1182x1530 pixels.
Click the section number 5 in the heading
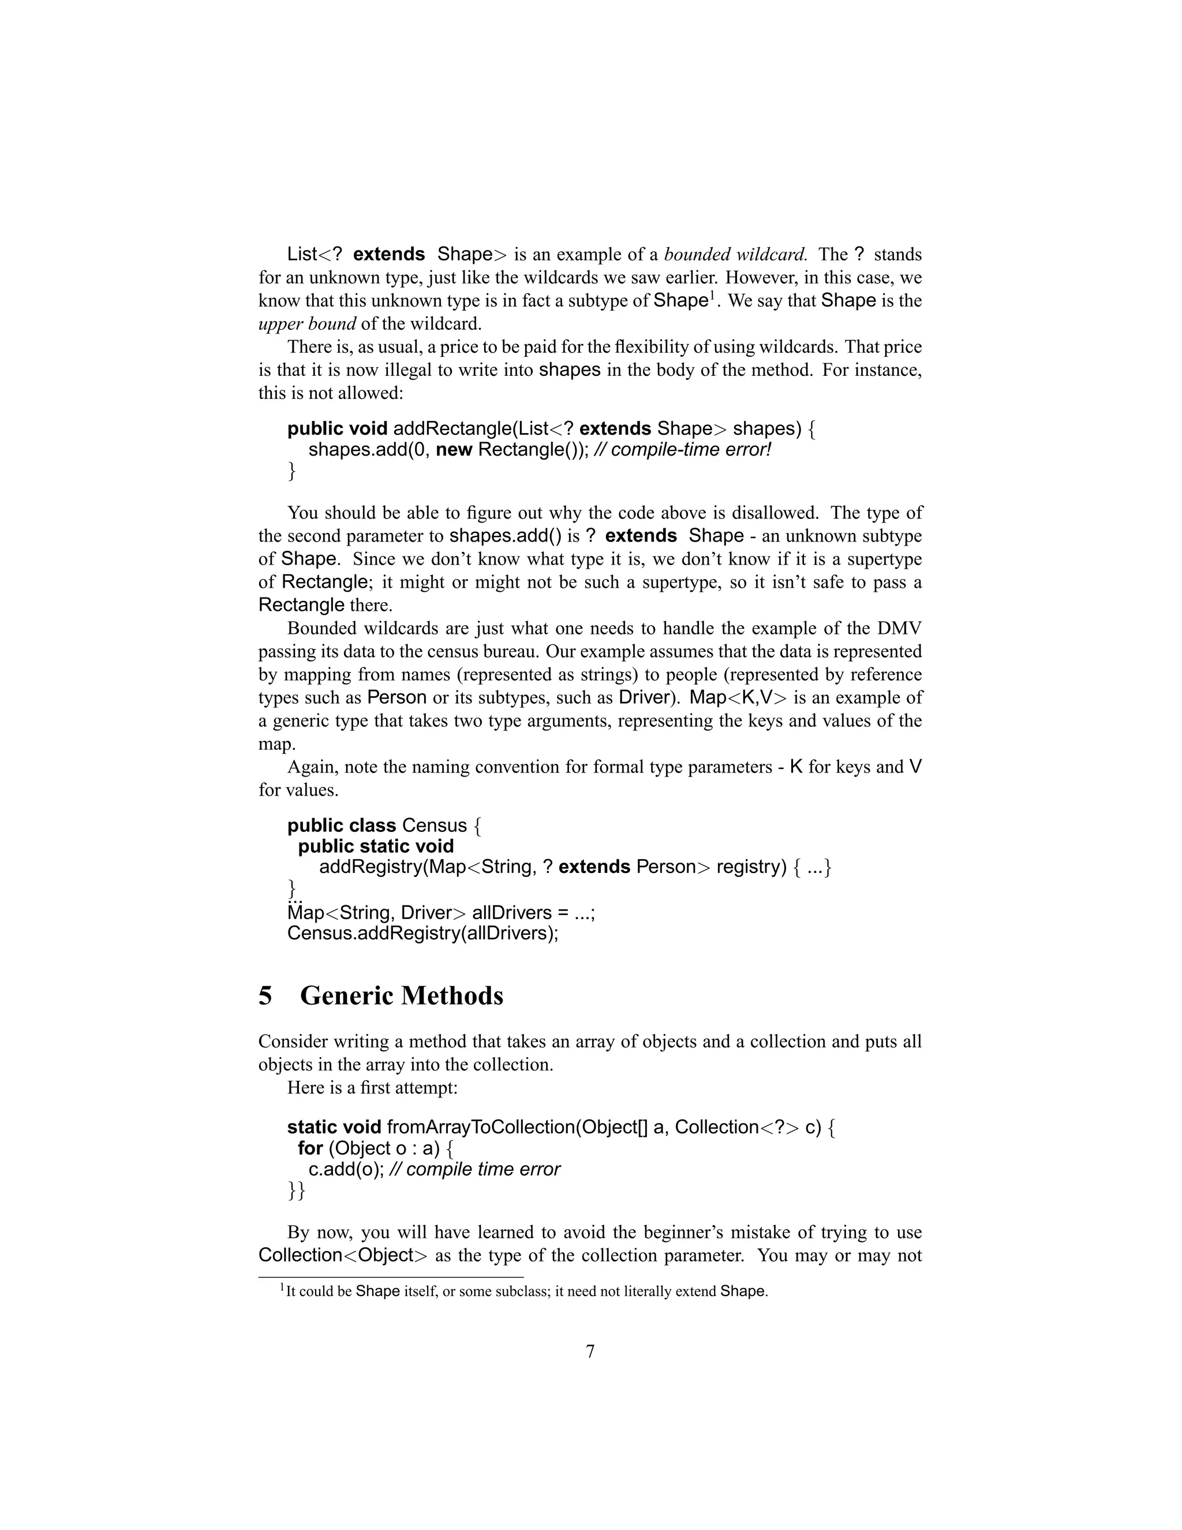[265, 995]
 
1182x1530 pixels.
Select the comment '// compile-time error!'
[682, 449]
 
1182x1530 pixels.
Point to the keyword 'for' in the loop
[310, 1148]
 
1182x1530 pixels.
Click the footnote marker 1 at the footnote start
[282, 1287]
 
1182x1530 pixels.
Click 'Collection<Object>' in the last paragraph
[342, 1255]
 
